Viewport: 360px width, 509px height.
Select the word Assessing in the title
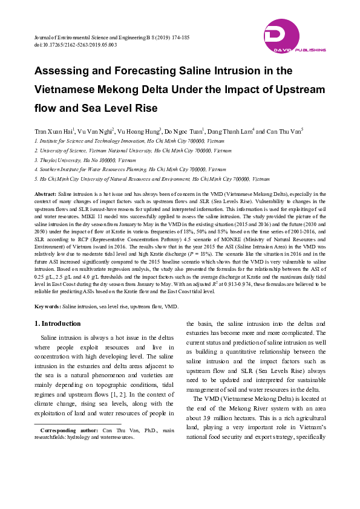point(65,71)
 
